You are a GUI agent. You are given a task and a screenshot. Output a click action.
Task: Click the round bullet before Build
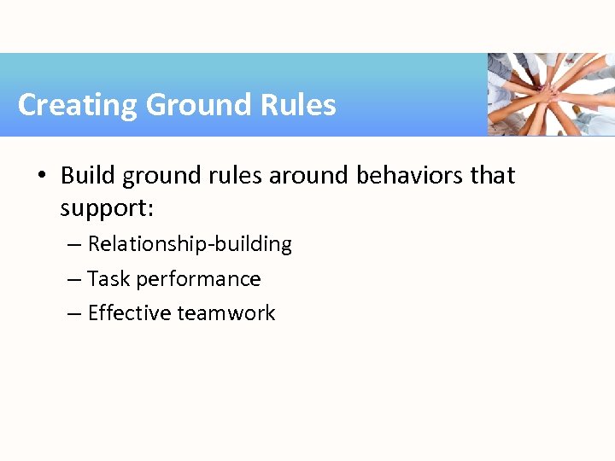(x=41, y=176)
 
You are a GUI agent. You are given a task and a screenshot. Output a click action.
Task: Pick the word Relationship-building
(x=190, y=244)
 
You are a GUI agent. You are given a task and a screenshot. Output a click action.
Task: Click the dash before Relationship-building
(x=74, y=245)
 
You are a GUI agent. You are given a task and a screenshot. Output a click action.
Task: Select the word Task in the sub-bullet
(x=108, y=279)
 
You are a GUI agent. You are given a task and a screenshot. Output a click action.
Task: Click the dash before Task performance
(x=74, y=280)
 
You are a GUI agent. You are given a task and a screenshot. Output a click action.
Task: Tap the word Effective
(x=130, y=313)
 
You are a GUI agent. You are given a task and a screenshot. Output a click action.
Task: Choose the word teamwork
(x=226, y=313)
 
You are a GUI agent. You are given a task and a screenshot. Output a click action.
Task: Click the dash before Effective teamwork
(x=74, y=314)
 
